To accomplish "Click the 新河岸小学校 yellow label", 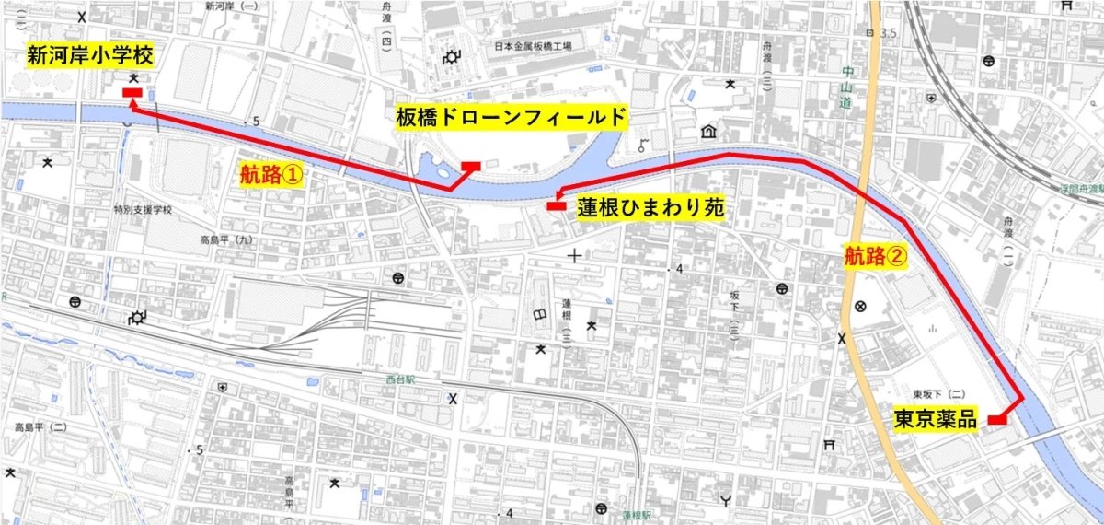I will click(88, 55).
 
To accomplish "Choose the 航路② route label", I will click(876, 255).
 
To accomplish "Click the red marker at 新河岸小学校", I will click(131, 92).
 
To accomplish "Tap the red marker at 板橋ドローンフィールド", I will click(470, 167).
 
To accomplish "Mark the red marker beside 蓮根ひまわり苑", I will click(555, 206).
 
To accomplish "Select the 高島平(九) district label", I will click(225, 240).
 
